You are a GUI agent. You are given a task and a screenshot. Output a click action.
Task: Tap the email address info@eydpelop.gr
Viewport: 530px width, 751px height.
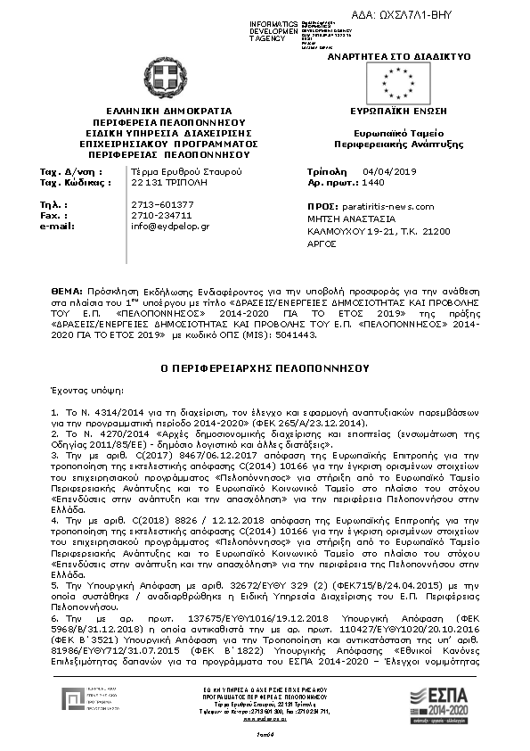170,227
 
